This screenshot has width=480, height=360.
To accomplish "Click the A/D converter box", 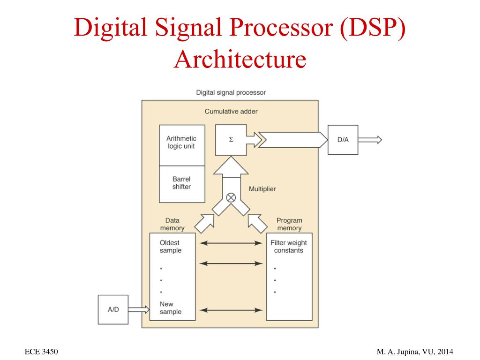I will [113, 309].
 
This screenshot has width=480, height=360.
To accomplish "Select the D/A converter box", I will [343, 140].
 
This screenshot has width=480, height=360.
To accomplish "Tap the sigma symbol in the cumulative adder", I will [231, 140].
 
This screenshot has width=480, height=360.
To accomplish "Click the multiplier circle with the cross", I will [231, 197].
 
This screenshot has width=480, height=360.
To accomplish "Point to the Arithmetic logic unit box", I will [182, 142].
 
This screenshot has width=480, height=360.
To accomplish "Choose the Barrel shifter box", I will [182, 183].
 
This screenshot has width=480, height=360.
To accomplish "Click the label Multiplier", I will [262, 189].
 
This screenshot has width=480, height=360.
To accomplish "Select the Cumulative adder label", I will [231, 112].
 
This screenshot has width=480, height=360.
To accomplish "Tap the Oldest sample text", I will [170, 247].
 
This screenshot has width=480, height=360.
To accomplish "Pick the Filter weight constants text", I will [288, 247].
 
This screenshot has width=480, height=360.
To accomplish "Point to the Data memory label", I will [172, 224].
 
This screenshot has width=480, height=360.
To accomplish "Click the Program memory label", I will [289, 224].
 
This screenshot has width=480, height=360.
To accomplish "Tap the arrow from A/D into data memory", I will [139, 309].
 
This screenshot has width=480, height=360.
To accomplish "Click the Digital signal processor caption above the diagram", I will [231, 92].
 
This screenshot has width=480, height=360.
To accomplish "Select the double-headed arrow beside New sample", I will [231, 309].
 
